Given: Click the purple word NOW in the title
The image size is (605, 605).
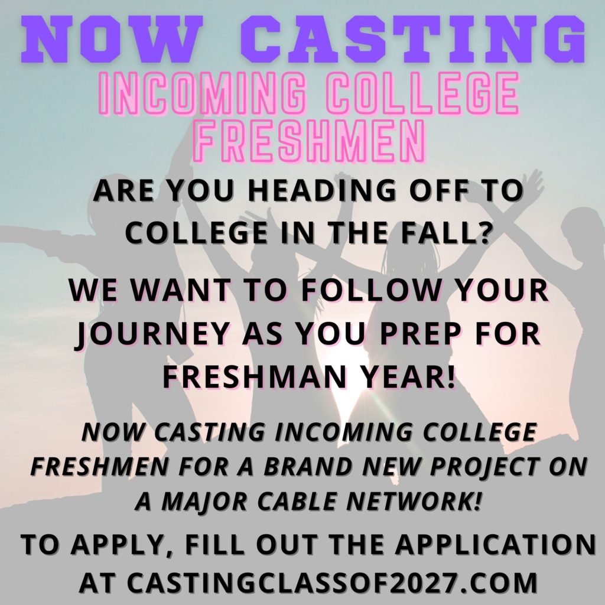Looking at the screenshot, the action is pos(113,39).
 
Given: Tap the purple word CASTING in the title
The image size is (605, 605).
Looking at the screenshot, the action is pos(413,39).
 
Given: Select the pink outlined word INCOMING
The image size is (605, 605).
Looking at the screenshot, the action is pos(204,94).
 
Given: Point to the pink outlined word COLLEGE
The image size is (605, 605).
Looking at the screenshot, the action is pos(423,94).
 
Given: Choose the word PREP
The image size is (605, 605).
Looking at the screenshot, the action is pos(422,334).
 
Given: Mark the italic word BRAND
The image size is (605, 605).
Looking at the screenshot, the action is pos(308,466).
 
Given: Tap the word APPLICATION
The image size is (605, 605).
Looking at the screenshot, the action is pos(495,544).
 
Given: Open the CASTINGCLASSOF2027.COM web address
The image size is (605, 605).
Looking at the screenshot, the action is pos(332,582).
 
